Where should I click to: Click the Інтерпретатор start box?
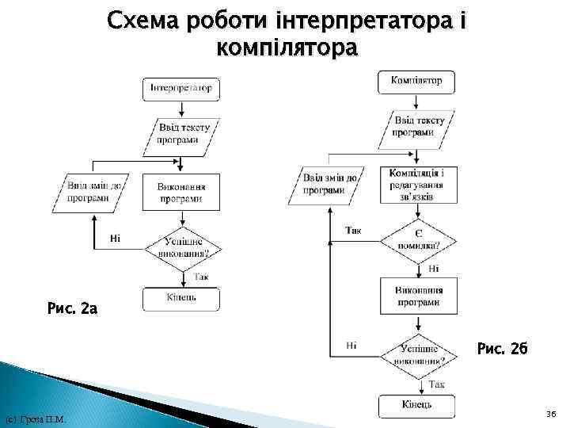point(181,88)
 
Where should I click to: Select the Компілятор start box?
point(416,80)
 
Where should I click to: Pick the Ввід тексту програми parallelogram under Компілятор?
point(416,128)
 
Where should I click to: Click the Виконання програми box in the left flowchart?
point(181,193)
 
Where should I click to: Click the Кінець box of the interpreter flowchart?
point(181,298)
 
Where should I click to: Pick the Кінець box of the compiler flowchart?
point(417,405)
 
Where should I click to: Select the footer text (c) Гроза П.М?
point(35,418)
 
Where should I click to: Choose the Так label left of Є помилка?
point(353,231)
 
